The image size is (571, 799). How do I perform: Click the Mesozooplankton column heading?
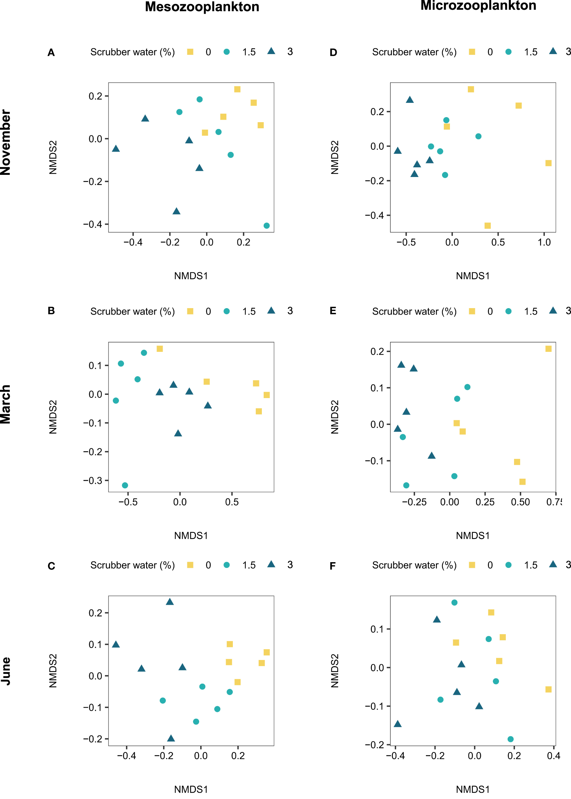[202, 7]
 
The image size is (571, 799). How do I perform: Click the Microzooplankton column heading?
[478, 5]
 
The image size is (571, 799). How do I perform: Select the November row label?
[6, 142]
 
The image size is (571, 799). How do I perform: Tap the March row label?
[6, 404]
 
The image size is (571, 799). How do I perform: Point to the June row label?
[6, 671]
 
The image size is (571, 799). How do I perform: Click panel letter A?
[51, 53]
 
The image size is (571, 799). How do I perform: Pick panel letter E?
[333, 311]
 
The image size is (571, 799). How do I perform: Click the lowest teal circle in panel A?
[267, 226]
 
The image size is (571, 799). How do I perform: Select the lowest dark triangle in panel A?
[176, 211]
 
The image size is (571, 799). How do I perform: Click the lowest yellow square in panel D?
[488, 226]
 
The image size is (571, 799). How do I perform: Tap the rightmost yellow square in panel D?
[548, 163]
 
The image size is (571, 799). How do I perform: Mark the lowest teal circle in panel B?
[125, 485]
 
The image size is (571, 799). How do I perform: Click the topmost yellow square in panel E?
[548, 349]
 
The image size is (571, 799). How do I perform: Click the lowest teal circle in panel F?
[511, 739]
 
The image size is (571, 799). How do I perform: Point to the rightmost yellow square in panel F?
[548, 689]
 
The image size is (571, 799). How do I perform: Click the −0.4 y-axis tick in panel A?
[93, 224]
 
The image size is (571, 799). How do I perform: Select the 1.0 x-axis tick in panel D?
[544, 242]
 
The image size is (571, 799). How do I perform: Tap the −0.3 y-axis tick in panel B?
[93, 480]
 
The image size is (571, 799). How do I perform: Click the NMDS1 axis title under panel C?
[191, 789]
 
